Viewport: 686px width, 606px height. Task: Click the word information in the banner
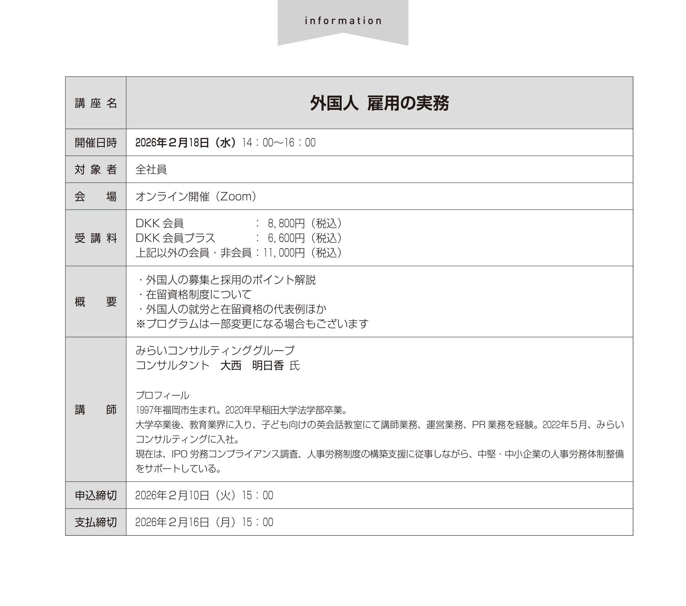pyautogui.click(x=343, y=21)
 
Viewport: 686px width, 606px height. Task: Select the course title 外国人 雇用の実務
pyautogui.click(x=379, y=103)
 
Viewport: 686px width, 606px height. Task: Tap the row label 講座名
pyautogui.click(x=96, y=103)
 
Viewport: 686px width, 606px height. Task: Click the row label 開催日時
pyautogui.click(x=96, y=143)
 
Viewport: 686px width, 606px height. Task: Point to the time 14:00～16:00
pyautogui.click(x=279, y=143)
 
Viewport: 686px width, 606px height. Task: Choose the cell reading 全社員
pyautogui.click(x=151, y=170)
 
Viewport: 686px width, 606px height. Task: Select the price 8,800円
pyautogui.click(x=286, y=223)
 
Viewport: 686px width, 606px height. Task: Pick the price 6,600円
pyautogui.click(x=286, y=238)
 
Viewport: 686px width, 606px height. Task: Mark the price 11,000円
pyautogui.click(x=284, y=253)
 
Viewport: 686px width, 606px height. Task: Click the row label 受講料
pyautogui.click(x=96, y=238)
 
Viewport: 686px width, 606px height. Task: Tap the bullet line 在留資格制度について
pyautogui.click(x=199, y=294)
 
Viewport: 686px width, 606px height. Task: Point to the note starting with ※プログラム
pyautogui.click(x=252, y=324)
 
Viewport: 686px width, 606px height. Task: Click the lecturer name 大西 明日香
pyautogui.click(x=252, y=365)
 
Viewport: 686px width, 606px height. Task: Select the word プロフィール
pyautogui.click(x=162, y=395)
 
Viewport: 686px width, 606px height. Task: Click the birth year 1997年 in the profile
pyautogui.click(x=149, y=410)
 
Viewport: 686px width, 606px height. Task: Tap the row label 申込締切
pyautogui.click(x=96, y=495)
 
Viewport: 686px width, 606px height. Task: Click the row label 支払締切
pyautogui.click(x=96, y=522)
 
